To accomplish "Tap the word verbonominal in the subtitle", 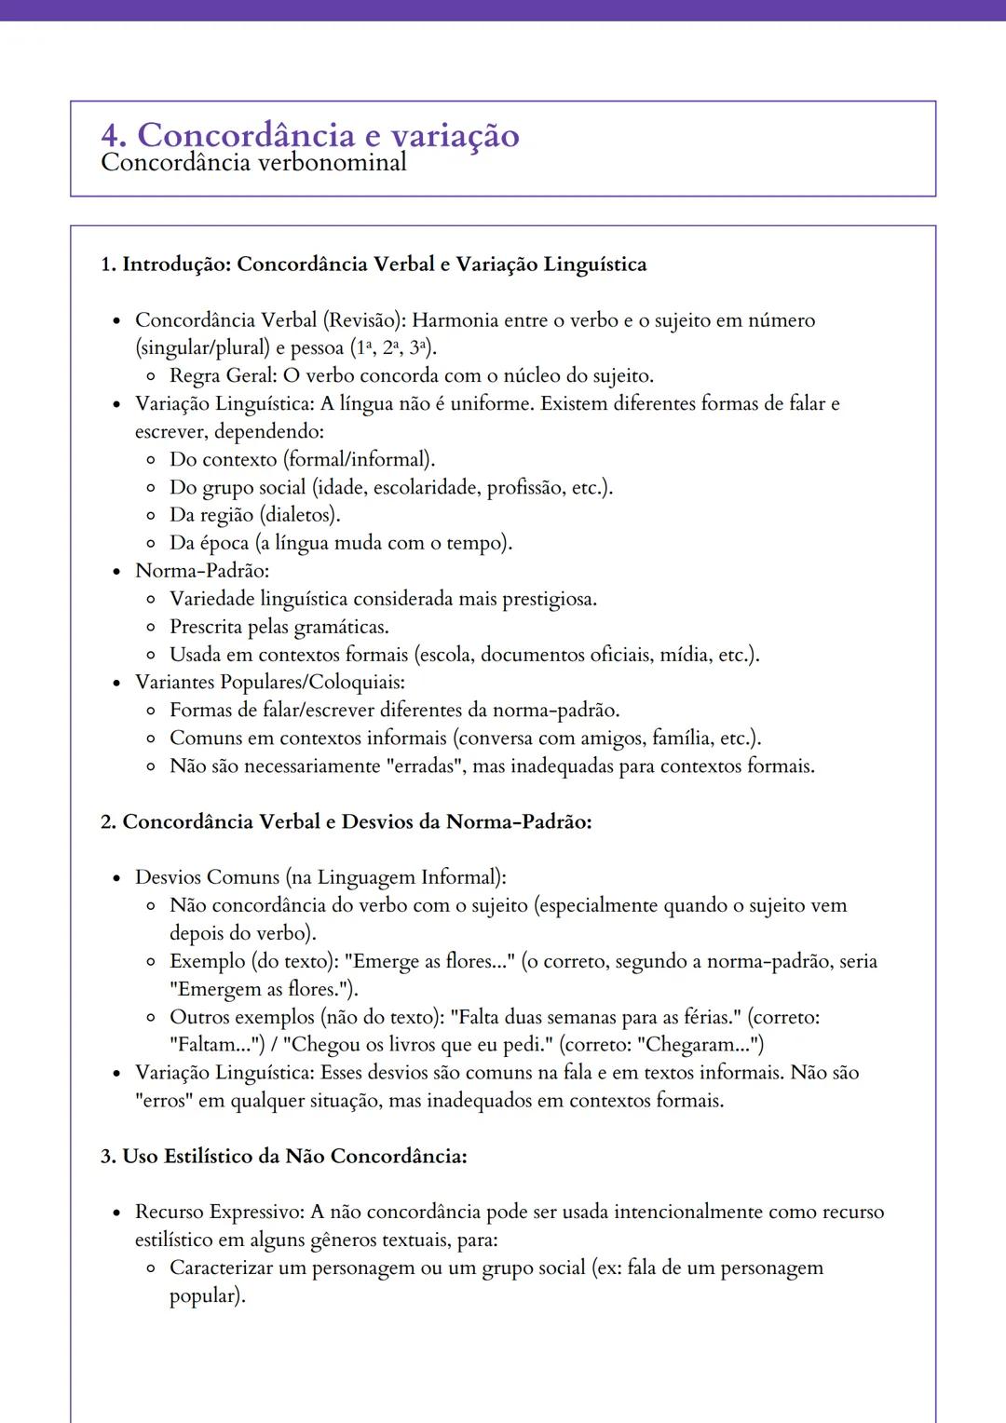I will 338,163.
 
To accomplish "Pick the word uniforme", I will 491,404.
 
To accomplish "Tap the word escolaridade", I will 427,487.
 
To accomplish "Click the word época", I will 224,543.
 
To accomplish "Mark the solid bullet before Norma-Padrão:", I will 116,571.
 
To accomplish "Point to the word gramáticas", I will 341,627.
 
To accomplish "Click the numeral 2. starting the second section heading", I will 109,822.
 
